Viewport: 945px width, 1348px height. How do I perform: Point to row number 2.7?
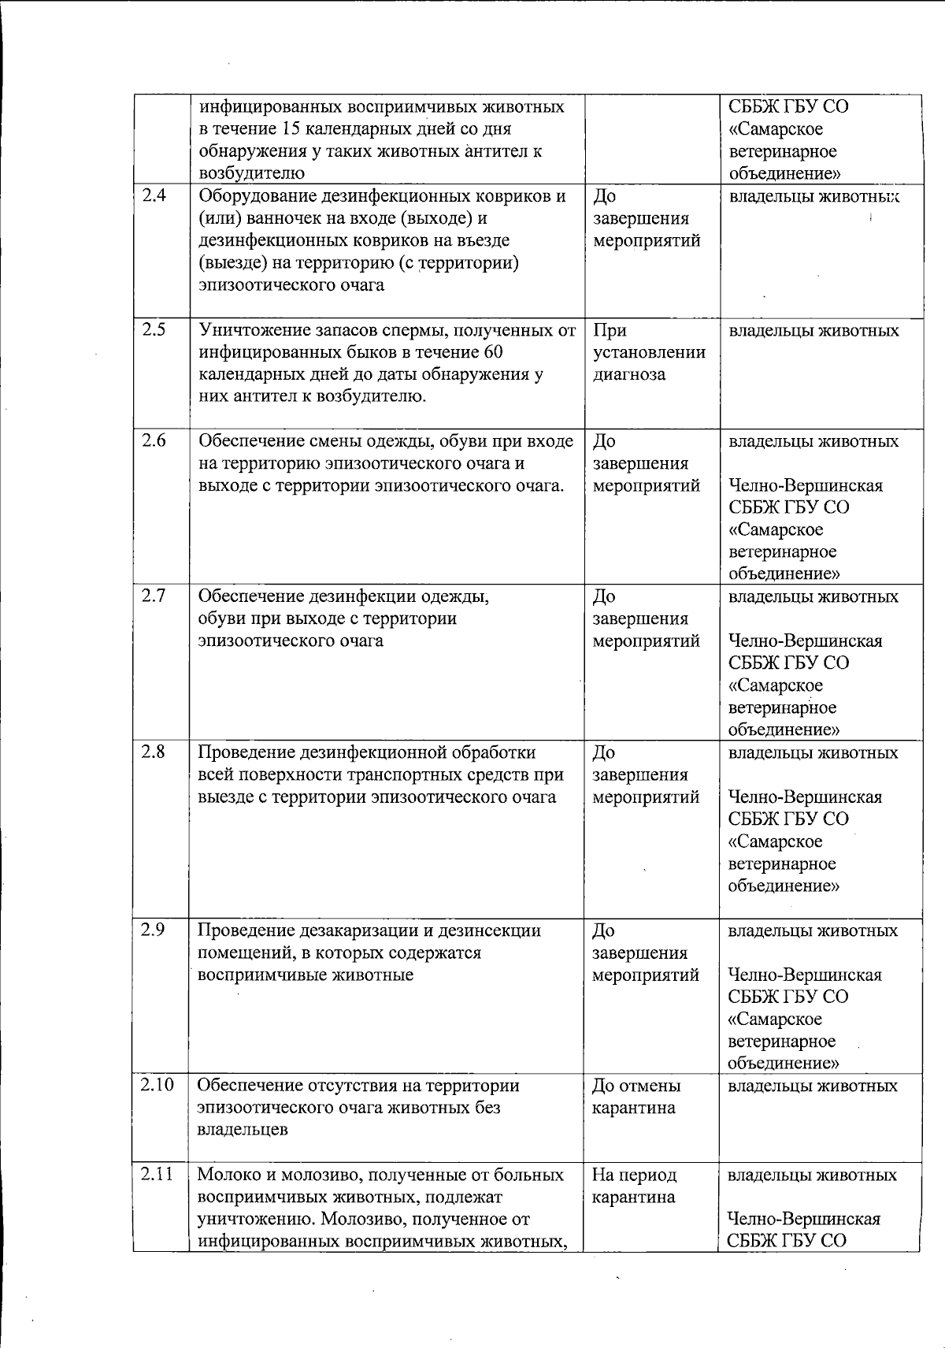pos(154,596)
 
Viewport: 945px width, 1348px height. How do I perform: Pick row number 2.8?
pos(154,752)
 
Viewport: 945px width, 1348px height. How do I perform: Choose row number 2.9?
pos(154,930)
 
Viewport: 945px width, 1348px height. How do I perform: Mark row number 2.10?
pos(157,1086)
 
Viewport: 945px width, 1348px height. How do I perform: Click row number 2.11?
pos(157,1175)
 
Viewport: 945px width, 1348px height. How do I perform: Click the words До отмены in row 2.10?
pos(636,1086)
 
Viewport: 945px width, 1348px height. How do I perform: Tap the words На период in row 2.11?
pos(634,1175)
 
